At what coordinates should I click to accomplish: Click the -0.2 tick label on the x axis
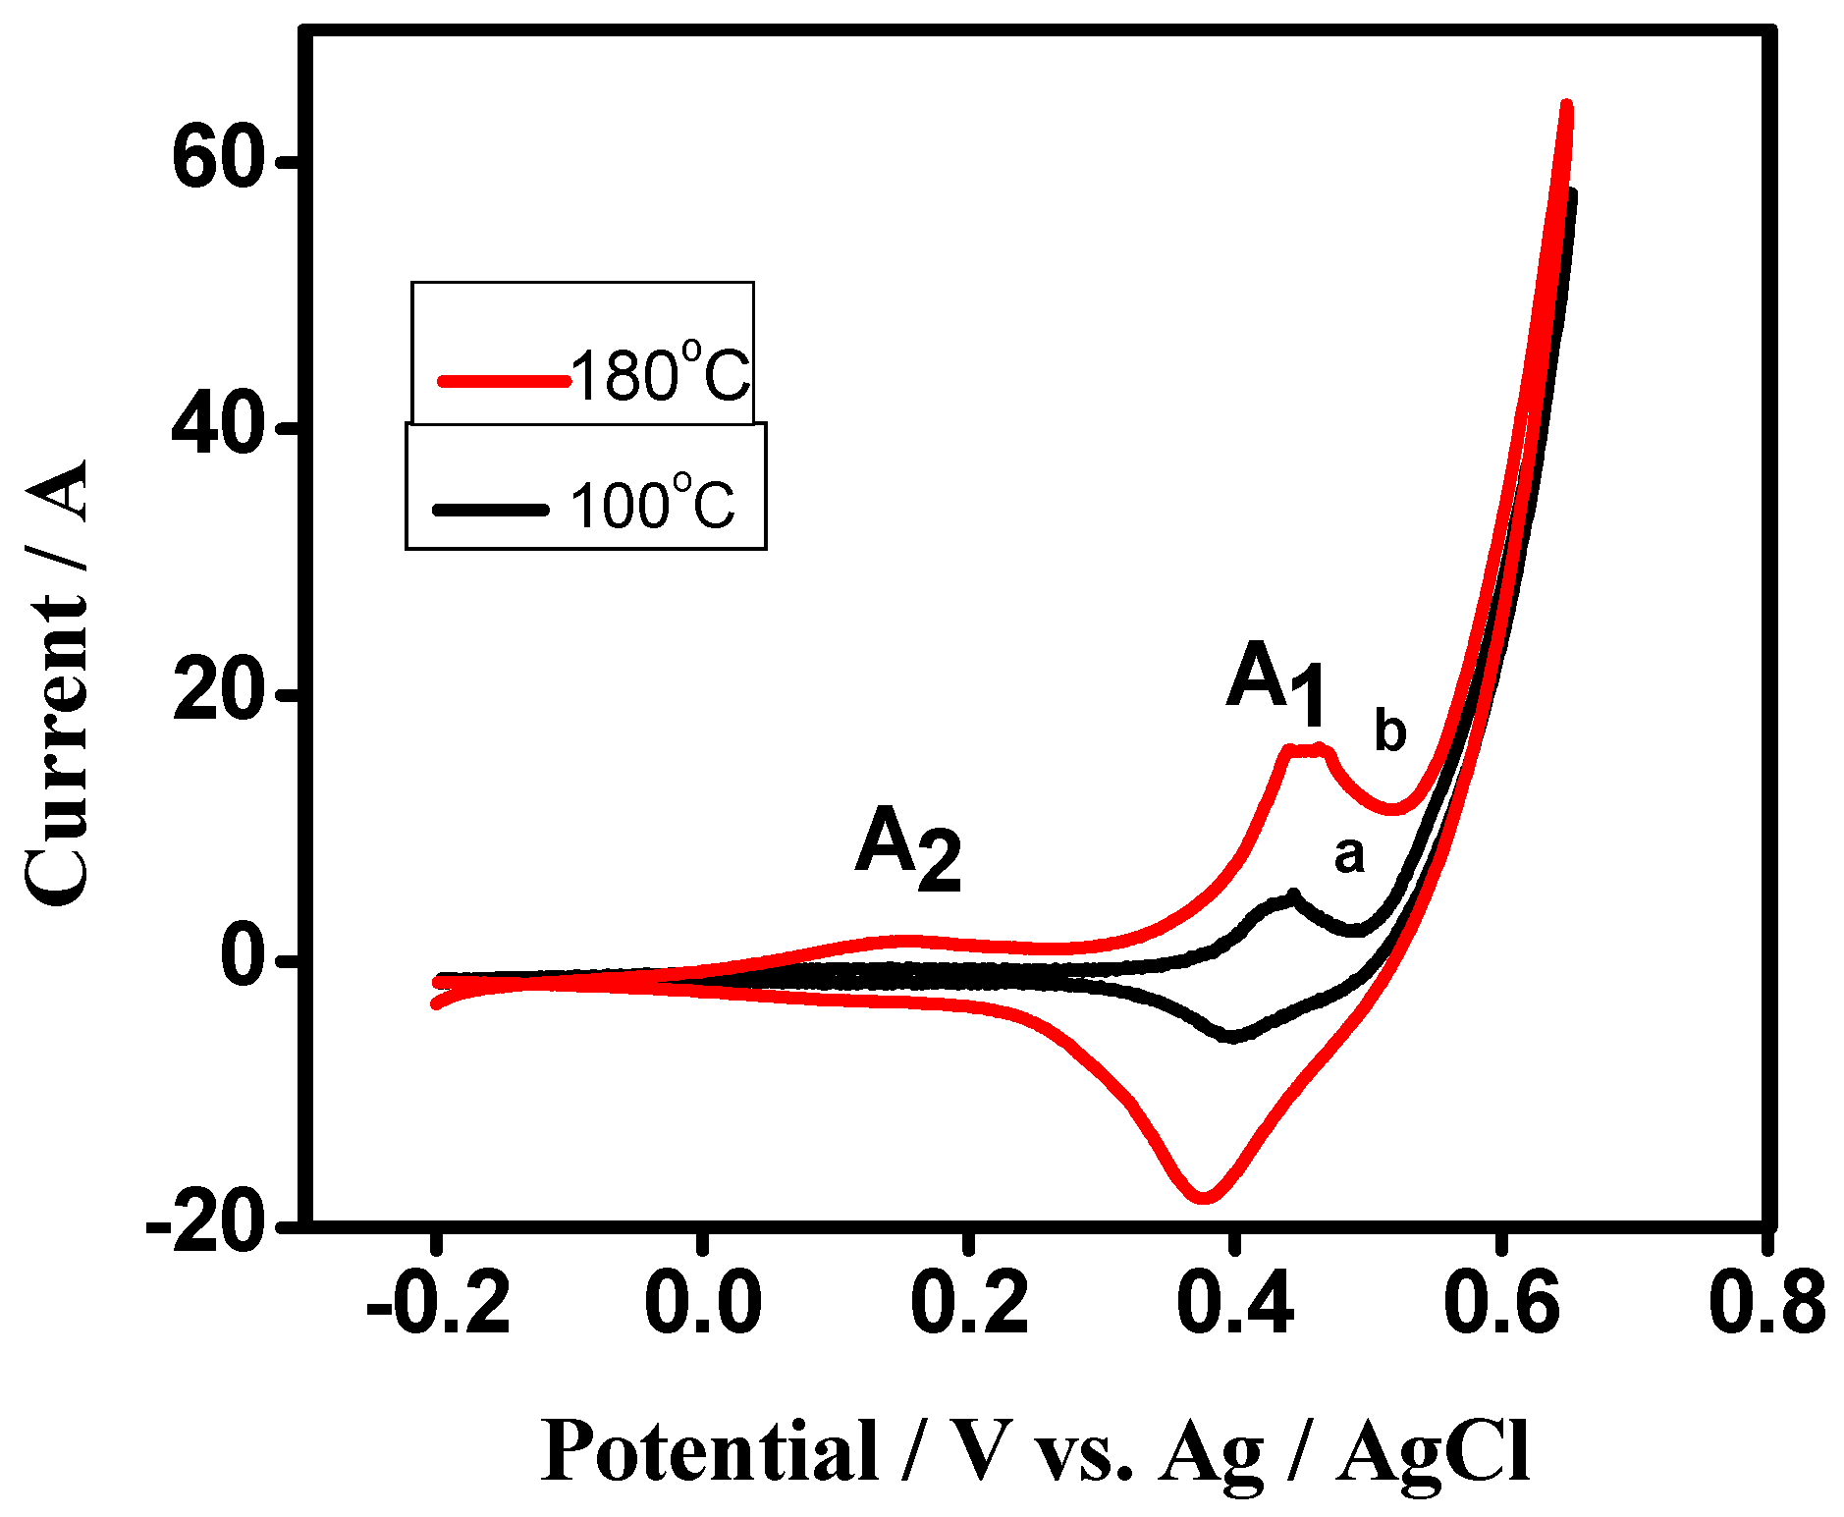coord(438,1304)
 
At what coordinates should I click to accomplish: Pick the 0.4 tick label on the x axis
coord(1234,1304)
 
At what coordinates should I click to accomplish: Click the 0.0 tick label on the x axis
coord(703,1304)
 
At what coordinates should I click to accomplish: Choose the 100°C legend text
coord(652,505)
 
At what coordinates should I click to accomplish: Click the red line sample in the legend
coord(503,381)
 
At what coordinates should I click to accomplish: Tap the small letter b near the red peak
coord(1389,731)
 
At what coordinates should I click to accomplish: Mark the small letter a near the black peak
coord(1349,856)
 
